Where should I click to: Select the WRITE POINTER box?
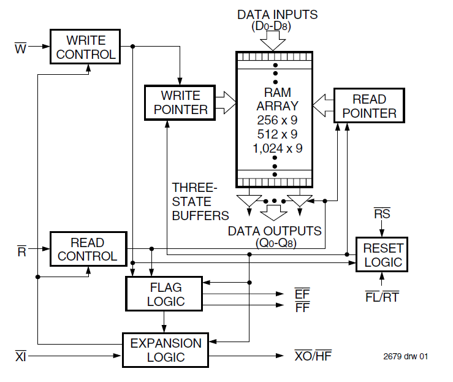coord(180,102)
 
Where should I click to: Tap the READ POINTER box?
coord(369,106)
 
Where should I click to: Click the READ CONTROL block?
coord(88,249)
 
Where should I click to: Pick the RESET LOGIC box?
coord(383,255)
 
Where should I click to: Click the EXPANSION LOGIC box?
coord(166,350)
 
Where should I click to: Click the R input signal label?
coord(20,249)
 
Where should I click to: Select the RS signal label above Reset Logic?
coord(382,214)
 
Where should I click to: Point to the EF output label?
coord(302,294)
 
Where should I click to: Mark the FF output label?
coord(302,307)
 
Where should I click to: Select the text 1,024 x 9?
coord(277,148)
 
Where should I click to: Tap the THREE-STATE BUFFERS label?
coord(200,201)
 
